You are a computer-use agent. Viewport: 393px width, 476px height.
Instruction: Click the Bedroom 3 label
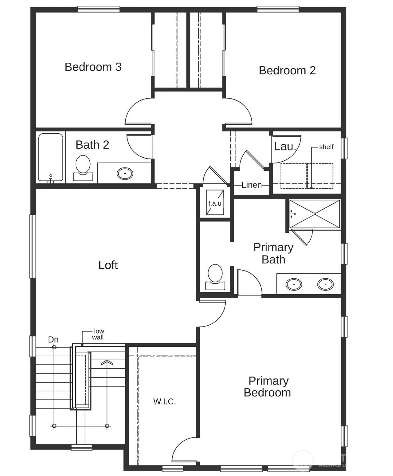(93, 67)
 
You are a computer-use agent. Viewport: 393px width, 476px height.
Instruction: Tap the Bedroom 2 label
(287, 70)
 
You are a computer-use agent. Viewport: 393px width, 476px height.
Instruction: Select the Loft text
(108, 265)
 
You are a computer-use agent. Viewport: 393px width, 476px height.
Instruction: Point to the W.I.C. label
(164, 402)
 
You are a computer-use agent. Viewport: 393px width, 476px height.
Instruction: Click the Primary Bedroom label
(267, 387)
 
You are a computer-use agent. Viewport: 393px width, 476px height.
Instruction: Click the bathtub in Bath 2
(51, 157)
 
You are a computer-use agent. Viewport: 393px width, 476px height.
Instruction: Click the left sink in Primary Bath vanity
(294, 284)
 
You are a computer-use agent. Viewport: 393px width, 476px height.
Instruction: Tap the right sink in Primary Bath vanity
(325, 284)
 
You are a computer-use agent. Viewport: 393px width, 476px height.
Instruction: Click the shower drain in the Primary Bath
(315, 214)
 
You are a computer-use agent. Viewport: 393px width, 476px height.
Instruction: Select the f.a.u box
(215, 203)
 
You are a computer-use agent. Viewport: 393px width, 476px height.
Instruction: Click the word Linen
(252, 185)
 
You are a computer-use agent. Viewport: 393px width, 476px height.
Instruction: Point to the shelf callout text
(326, 147)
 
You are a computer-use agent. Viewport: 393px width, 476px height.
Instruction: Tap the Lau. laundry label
(285, 146)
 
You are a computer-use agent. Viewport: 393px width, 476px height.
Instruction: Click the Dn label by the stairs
(53, 339)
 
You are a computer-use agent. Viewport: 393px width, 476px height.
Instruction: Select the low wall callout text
(98, 334)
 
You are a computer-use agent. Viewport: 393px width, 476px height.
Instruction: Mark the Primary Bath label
(273, 253)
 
